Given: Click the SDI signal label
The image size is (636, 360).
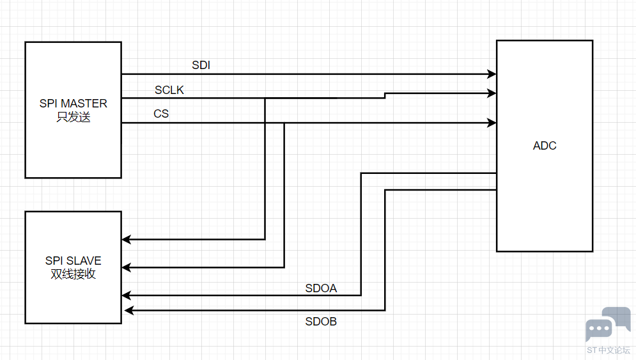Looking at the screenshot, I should pyautogui.click(x=201, y=65).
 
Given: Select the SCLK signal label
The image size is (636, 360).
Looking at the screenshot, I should pyautogui.click(x=169, y=90).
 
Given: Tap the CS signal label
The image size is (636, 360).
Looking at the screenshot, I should pyautogui.click(x=161, y=114).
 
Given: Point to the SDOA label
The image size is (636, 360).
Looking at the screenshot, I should pyautogui.click(x=321, y=288).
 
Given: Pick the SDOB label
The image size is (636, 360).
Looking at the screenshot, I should pyautogui.click(x=321, y=322).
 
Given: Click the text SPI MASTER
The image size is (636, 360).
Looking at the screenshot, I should pyautogui.click(x=74, y=103).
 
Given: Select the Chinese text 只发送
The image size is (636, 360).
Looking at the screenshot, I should pyautogui.click(x=74, y=117).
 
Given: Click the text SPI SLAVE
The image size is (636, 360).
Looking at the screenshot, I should pyautogui.click(x=74, y=261).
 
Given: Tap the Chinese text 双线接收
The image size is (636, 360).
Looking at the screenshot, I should pyautogui.click(x=74, y=275).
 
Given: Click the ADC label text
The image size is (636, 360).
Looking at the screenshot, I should pyautogui.click(x=545, y=146).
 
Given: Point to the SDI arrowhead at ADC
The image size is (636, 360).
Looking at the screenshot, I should pyautogui.click(x=492, y=74).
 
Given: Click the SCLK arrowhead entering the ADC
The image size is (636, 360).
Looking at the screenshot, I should pyautogui.click(x=492, y=93).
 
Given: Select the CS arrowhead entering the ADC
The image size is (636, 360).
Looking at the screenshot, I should pyautogui.click(x=492, y=123).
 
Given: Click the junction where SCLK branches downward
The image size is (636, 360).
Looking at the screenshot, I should pyautogui.click(x=265, y=98).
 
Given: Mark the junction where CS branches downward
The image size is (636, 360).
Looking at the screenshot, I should pyautogui.click(x=284, y=123).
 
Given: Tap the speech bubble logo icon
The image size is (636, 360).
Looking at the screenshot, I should pyautogui.click(x=607, y=324).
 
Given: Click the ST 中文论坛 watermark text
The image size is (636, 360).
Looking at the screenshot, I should pyautogui.click(x=608, y=350).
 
